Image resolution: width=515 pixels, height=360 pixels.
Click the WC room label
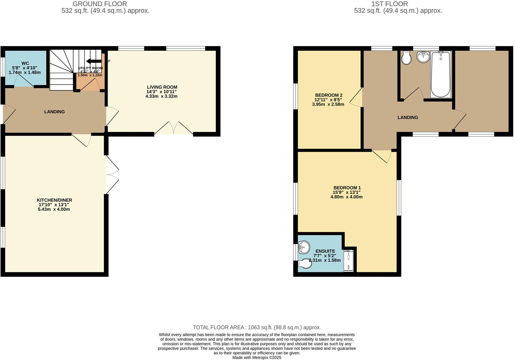pos(25,63)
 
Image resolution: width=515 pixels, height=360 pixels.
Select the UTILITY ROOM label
pos(90,68)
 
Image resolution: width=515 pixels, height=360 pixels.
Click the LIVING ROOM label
pos(162,87)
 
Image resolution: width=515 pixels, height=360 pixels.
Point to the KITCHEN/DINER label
pos(54,200)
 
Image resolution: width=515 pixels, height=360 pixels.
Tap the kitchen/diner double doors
pos(112,175)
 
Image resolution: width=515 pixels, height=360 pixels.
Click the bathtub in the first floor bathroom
pos(441,74)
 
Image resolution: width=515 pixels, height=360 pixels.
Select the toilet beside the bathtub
pos(406,58)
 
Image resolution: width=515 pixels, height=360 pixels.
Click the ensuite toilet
pos(305,264)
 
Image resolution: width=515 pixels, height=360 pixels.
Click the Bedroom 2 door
pos(357,97)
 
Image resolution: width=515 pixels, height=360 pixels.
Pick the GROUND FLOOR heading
pos(100,4)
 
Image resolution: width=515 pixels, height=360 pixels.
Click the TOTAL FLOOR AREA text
pos(257,327)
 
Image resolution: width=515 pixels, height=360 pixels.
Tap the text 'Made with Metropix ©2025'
pos(257,357)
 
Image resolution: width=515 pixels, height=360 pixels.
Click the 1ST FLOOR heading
pos(389,4)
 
